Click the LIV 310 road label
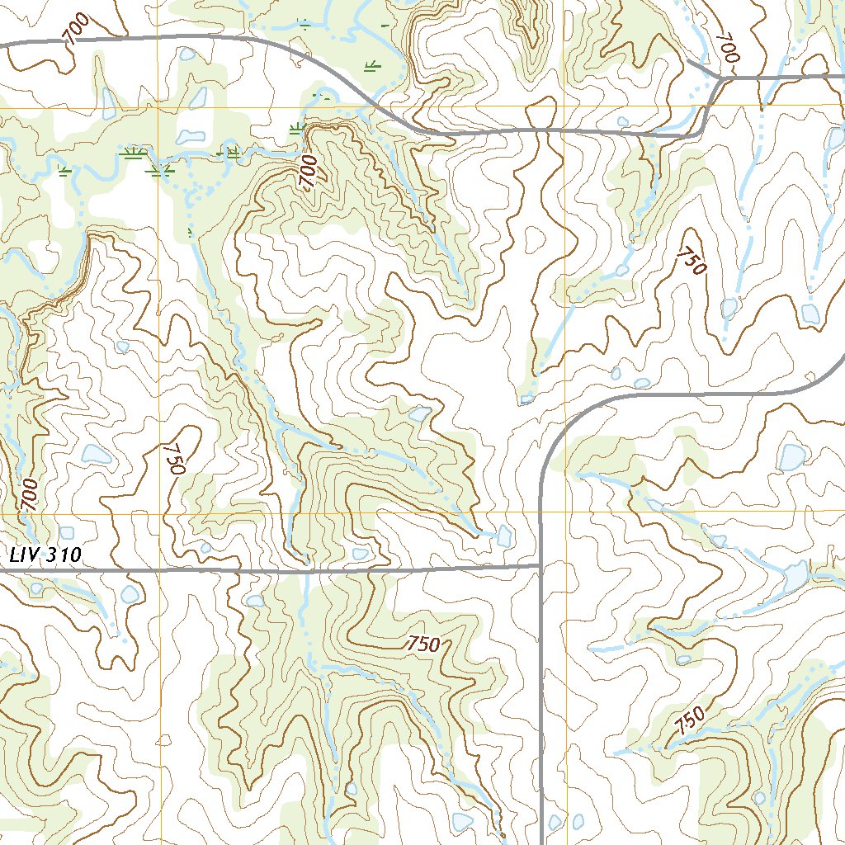coord(45,555)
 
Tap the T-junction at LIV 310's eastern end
coord(540,567)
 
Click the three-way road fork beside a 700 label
coord(722,79)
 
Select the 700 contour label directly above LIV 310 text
coord(30,494)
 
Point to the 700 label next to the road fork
coord(727,49)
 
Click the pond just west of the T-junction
coord(504,537)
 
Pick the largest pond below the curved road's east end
coord(792,456)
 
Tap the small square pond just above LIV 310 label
coord(67,533)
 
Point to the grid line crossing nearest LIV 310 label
coord(158,512)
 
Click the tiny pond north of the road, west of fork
coord(621,122)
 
